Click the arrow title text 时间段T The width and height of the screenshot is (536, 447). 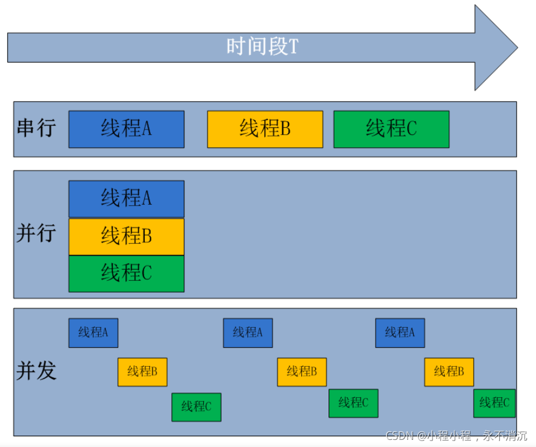[x=262, y=47]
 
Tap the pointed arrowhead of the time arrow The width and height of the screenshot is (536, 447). [x=518, y=47]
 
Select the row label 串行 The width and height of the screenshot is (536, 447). [x=36, y=128]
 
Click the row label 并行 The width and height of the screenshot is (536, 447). [x=36, y=233]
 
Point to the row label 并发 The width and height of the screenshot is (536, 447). [x=36, y=370]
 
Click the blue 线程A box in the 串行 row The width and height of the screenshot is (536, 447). [x=126, y=129]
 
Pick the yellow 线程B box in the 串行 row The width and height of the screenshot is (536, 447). [x=265, y=129]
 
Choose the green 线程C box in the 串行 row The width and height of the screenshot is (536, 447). [x=391, y=129]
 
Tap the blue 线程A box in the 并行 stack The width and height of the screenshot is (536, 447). [x=126, y=199]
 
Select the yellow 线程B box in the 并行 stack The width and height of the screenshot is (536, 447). [x=126, y=237]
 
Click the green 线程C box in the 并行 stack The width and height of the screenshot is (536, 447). [x=126, y=274]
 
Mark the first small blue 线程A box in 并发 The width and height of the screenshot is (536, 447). [x=93, y=333]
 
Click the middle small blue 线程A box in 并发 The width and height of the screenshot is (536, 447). [x=248, y=333]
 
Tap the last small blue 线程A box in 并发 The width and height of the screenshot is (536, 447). [x=400, y=333]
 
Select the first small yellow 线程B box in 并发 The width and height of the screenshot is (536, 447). [x=142, y=372]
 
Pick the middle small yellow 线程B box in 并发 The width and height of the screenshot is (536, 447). [x=302, y=372]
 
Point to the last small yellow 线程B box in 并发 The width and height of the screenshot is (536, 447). [x=449, y=372]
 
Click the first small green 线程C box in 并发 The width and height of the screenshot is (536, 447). [x=197, y=407]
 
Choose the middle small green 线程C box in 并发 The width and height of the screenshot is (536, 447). [x=353, y=403]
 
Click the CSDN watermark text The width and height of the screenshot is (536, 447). [x=456, y=436]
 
